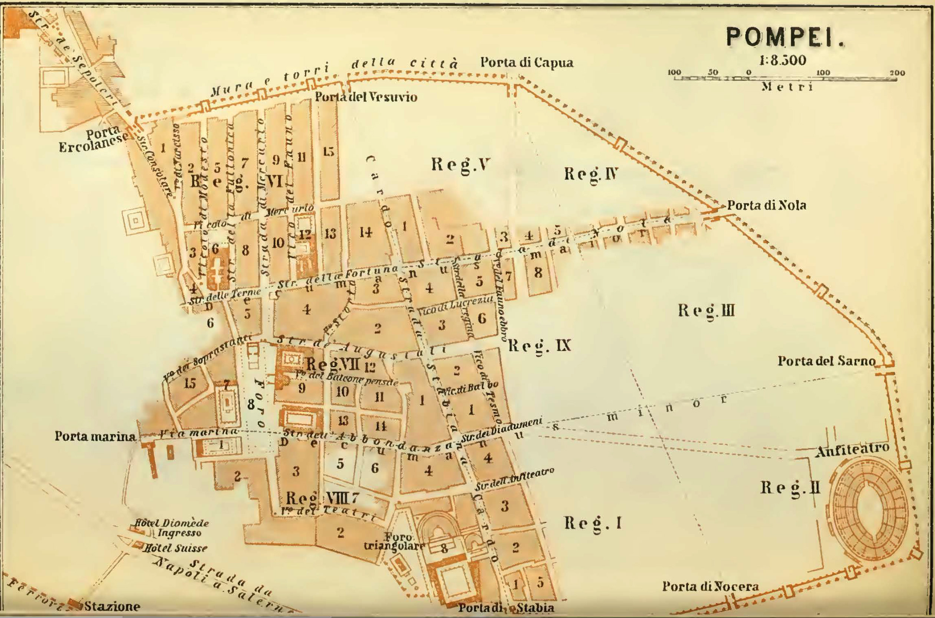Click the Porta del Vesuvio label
coord(366,97)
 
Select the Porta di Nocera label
coord(710,586)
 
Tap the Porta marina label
coord(95,436)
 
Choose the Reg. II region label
coord(790,488)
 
